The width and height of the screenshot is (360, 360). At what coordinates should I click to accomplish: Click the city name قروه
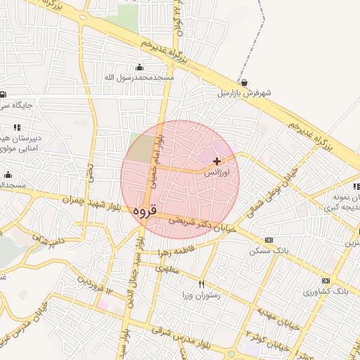[146, 209]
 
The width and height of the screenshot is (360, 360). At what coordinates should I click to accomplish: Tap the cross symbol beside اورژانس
[217, 161]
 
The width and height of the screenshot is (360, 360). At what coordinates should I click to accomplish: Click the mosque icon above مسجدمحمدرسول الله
[139, 67]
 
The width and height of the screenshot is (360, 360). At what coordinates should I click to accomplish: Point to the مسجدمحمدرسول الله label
[139, 77]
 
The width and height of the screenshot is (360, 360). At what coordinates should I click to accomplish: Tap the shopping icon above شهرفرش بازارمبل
[244, 82]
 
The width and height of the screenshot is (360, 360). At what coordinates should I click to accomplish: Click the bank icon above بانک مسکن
[268, 240]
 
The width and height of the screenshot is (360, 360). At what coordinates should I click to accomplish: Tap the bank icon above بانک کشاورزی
[325, 281]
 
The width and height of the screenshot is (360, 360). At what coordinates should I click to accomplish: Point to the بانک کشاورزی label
[325, 290]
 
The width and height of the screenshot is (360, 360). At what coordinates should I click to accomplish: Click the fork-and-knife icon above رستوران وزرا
[202, 285]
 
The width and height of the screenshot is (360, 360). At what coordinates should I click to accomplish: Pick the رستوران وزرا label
[201, 295]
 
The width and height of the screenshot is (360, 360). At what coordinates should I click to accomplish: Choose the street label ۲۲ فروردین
[94, 285]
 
